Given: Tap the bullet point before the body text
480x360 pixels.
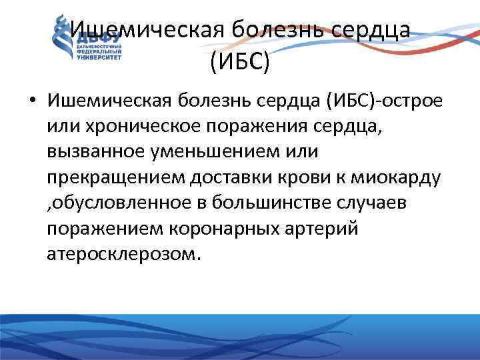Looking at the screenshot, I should point(31,102).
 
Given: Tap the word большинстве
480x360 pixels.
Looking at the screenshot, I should point(267,204).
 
